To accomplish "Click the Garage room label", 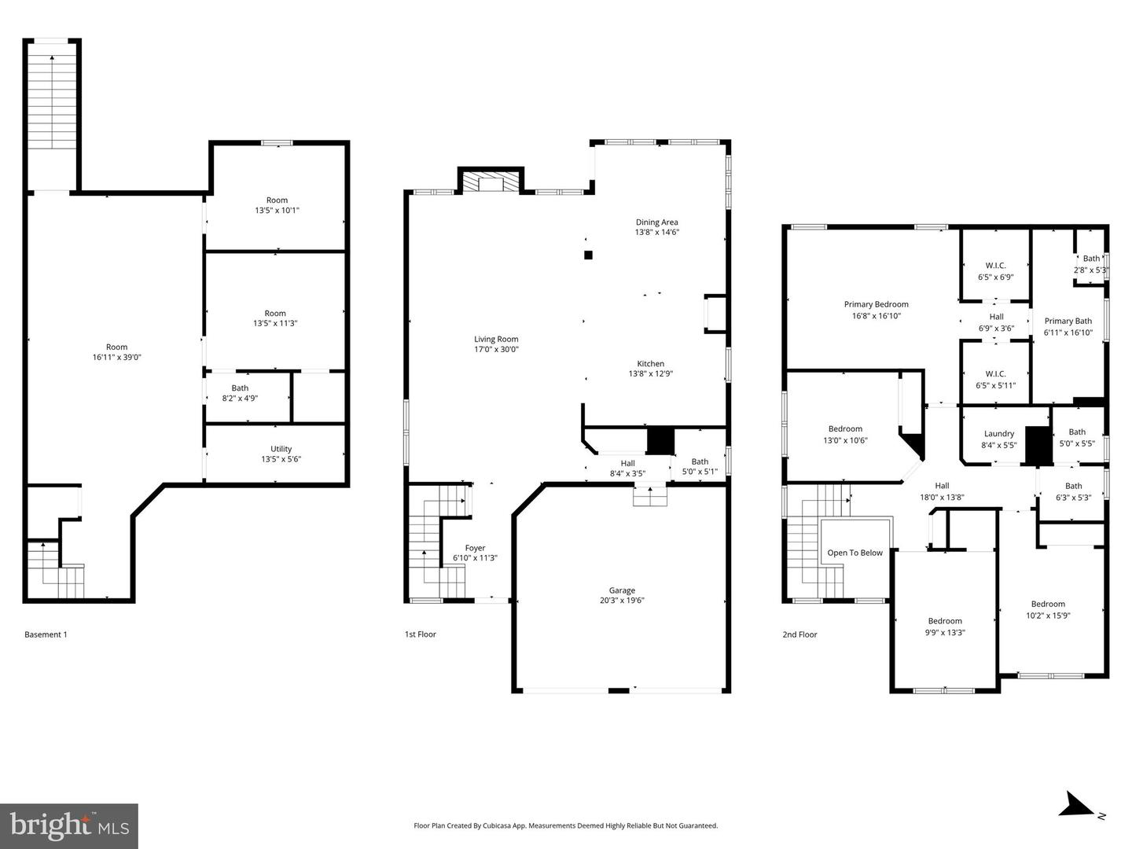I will [x=621, y=590].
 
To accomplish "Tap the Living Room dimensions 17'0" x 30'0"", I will [x=496, y=350].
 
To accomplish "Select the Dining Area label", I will [x=656, y=222].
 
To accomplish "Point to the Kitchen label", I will [x=650, y=364].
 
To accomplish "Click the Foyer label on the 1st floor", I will [x=475, y=548].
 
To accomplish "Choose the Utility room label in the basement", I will [x=281, y=449].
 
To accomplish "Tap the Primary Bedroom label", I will [x=876, y=304].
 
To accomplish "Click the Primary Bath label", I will [x=1068, y=321].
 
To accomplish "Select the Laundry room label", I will [x=998, y=434].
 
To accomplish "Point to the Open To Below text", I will [x=855, y=553].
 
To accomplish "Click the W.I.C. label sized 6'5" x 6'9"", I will [x=995, y=266].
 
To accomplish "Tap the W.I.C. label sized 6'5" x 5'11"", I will [x=995, y=374].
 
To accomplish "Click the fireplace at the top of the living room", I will [x=491, y=182].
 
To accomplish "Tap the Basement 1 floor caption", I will [x=46, y=634].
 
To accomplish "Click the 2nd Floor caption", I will [x=799, y=634].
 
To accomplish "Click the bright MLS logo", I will [x=69, y=825].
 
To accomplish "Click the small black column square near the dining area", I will [x=587, y=254].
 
